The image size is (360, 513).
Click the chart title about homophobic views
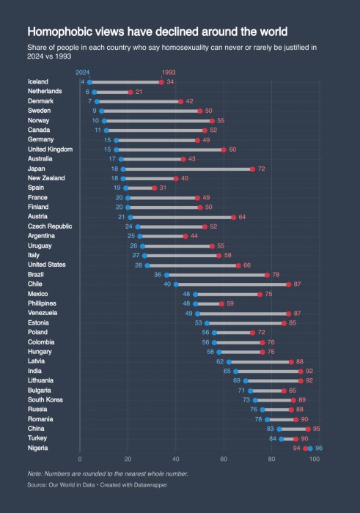pyautogui.click(x=157, y=32)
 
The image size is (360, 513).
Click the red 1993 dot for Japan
pyautogui.click(x=252, y=169)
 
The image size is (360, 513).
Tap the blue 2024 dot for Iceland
pyautogui.click(x=89, y=82)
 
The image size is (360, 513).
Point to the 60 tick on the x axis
pyautogui.click(x=224, y=459)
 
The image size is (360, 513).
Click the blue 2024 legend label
pyautogui.click(x=82, y=72)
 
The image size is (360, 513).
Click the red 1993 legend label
pyautogui.click(x=168, y=72)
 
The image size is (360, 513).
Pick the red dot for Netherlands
pyautogui.click(x=131, y=92)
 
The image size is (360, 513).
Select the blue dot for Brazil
pyautogui.click(x=166, y=275)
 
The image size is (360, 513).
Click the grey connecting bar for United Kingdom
pyautogui.click(x=169, y=150)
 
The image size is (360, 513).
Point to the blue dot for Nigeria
pyautogui.click(x=310, y=449)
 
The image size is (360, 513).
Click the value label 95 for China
pyautogui.click(x=317, y=429)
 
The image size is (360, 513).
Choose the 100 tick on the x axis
pyautogui.click(x=315, y=459)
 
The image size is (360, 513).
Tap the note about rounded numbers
pyautogui.click(x=107, y=473)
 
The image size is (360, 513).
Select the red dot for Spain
pyautogui.click(x=154, y=188)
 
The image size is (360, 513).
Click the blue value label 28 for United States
pyautogui.click(x=139, y=265)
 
